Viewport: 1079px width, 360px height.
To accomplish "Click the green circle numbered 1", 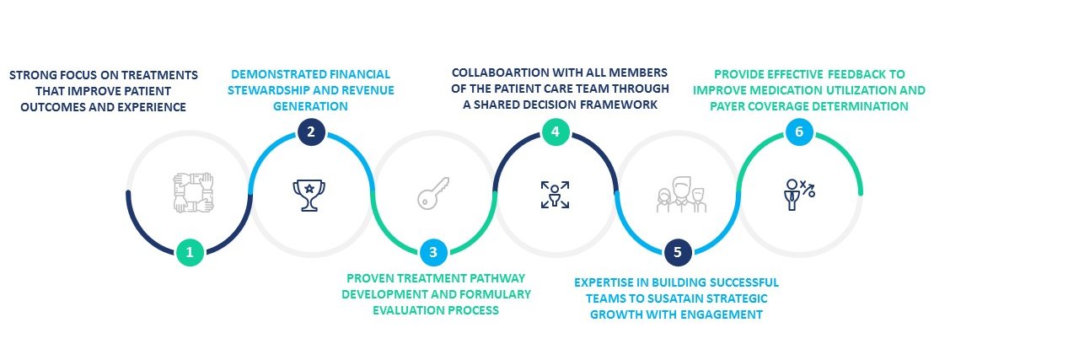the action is click(x=190, y=252).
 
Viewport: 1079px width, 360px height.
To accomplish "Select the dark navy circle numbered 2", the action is click(x=311, y=132).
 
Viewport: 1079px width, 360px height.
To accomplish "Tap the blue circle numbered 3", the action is click(x=433, y=252).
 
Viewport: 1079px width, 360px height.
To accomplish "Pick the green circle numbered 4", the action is click(x=556, y=132).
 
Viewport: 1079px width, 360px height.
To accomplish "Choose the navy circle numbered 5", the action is click(x=678, y=252).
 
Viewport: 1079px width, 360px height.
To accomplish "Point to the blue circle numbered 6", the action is click(x=800, y=132).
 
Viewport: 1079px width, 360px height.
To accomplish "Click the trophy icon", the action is click(x=309, y=195).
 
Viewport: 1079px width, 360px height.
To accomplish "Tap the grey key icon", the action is click(x=433, y=193).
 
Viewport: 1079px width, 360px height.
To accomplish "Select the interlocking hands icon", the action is click(x=193, y=192).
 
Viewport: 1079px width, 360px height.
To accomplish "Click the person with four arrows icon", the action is click(x=555, y=195).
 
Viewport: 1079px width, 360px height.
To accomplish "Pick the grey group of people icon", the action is click(x=681, y=194).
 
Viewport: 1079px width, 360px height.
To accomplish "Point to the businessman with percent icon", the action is click(x=799, y=194).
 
